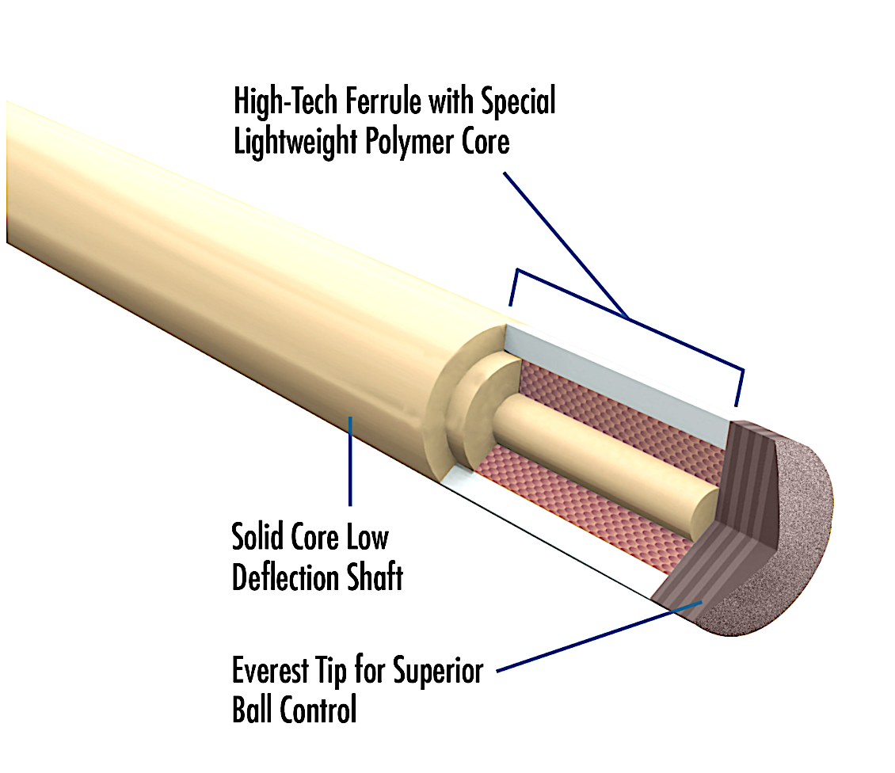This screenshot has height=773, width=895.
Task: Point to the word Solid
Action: coord(257,538)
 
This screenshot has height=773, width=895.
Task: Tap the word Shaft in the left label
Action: coord(372,577)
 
